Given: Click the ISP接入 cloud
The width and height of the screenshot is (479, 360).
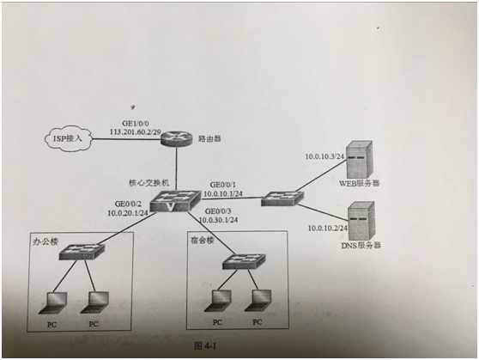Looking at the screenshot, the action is click(x=68, y=139).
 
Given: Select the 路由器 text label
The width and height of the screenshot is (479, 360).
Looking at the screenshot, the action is click(x=209, y=139).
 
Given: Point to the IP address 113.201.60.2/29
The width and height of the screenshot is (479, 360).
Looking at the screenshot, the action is click(x=136, y=132).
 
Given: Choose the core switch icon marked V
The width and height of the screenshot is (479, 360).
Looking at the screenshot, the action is click(x=175, y=201).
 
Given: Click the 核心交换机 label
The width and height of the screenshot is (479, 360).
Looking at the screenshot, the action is click(x=149, y=183).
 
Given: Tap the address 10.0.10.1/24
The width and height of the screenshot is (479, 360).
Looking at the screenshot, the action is click(x=223, y=193).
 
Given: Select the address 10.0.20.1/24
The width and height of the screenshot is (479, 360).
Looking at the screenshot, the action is click(x=128, y=213).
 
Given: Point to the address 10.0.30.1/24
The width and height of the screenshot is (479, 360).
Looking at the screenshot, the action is click(x=218, y=220).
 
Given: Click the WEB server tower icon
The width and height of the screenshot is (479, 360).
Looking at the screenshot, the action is click(x=360, y=159).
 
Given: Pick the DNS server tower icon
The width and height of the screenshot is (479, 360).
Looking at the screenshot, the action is click(x=361, y=221).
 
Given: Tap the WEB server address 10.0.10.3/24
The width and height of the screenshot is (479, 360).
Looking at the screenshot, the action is click(x=324, y=156).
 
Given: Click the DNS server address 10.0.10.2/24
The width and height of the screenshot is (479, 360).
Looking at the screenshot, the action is click(x=327, y=229).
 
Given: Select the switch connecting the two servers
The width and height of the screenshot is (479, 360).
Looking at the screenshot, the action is click(x=282, y=198).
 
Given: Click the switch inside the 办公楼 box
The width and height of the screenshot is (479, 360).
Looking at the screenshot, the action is click(x=82, y=252).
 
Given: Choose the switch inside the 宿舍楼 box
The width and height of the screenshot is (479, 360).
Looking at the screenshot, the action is click(x=244, y=261).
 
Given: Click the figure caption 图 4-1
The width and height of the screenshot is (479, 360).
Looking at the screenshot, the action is click(x=205, y=346).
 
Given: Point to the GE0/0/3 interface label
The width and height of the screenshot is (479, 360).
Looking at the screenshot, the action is click(x=218, y=211).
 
